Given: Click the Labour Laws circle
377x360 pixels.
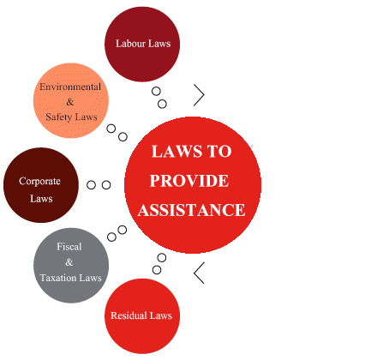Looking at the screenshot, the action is coord(142,44).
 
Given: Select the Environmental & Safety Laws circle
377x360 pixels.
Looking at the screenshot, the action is coord(71,100).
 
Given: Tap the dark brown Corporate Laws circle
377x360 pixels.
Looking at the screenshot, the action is coord(41,185).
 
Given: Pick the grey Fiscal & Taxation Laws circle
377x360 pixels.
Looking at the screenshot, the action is coord(71,266).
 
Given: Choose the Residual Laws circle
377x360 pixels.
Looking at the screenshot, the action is coord(142,316).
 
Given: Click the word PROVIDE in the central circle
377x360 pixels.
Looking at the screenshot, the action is coord(189,181).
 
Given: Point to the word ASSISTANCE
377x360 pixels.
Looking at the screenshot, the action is coord(192,210).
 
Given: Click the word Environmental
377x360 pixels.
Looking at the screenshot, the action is coord(70,87).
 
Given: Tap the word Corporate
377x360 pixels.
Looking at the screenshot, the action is coord(39,182).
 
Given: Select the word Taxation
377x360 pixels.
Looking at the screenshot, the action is coord(58,278).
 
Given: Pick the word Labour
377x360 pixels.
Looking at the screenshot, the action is coord(130,44).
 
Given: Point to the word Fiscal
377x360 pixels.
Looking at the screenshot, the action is coord(69,246).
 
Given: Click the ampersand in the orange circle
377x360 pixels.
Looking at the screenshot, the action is coord(70,102).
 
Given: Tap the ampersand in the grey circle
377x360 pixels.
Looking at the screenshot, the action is coord(69,262).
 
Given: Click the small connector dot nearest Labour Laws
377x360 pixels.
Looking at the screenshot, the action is coord(156,92).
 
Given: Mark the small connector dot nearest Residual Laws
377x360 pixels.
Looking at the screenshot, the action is coord(157,270).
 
